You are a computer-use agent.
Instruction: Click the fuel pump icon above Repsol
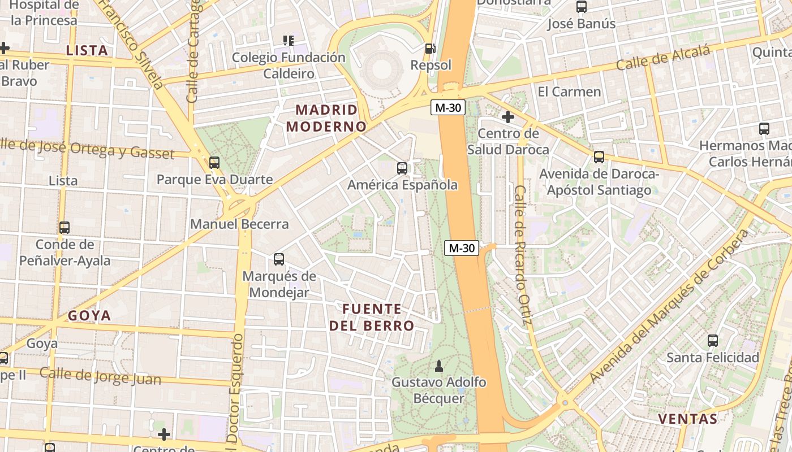(431, 49)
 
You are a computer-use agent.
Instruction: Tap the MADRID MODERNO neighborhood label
(327, 118)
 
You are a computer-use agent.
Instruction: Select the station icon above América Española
(402, 168)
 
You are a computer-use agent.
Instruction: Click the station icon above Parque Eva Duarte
(214, 163)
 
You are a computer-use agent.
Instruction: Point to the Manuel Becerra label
(239, 224)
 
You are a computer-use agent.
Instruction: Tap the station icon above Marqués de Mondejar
(279, 259)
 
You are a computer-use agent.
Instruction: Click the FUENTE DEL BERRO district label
(372, 317)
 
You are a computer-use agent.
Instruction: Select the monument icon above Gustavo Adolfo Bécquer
(438, 366)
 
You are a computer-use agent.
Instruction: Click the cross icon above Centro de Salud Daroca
(508, 117)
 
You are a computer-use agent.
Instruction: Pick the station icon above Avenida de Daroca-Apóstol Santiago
(599, 157)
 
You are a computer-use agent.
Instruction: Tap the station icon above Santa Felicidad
(713, 341)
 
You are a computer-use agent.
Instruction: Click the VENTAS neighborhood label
(688, 419)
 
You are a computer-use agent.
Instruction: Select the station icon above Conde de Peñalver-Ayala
(64, 228)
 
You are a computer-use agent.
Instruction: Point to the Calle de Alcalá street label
(662, 58)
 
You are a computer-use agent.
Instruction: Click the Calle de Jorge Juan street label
(100, 376)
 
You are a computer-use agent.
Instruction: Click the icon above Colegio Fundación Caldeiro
(289, 41)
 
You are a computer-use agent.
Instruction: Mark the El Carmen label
(569, 92)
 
